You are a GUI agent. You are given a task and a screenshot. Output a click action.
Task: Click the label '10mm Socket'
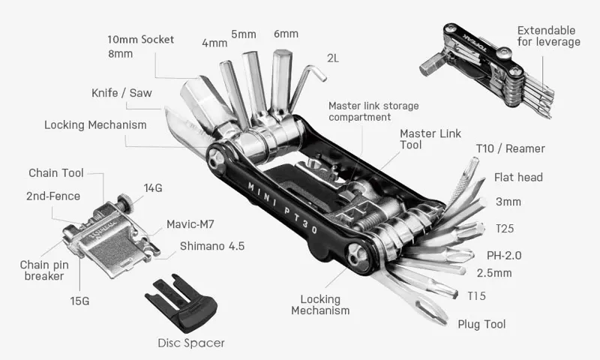pos(139,39)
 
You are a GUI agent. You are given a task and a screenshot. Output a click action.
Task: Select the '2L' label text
pos(333,57)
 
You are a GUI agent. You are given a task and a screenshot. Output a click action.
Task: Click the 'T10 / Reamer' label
pos(510,149)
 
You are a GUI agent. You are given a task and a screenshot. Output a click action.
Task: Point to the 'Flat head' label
pos(518,178)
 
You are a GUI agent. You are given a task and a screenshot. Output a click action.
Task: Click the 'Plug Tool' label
pos(481,324)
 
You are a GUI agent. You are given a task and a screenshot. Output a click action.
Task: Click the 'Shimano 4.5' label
pos(212,246)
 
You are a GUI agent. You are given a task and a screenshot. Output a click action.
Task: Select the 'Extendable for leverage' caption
pos(548,36)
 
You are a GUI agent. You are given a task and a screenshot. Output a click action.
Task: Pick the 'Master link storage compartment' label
pos(373,111)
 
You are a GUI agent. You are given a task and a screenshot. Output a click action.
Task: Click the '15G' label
pos(79,301)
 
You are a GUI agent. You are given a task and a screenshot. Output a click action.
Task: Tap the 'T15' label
pos(476,295)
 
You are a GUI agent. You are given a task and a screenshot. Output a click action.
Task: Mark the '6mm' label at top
pos(286,34)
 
